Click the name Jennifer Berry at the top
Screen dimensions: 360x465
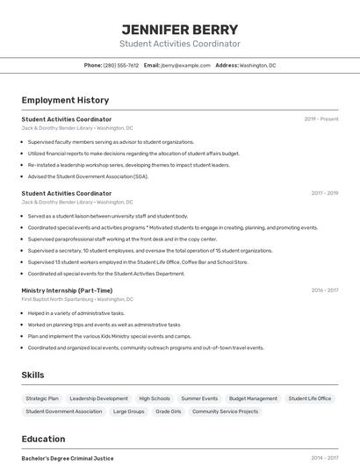[x=179, y=29]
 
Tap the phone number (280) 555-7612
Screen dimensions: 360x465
[x=121, y=65]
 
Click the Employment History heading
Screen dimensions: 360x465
[x=65, y=100]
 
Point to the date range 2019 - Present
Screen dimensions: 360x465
[x=321, y=119]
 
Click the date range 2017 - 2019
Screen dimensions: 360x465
[x=325, y=193]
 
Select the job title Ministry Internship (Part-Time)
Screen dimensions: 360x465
[x=67, y=290]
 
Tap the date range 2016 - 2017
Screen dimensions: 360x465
[x=325, y=290]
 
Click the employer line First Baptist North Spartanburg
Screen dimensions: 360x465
[x=77, y=299]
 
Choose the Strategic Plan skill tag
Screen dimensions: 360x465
[x=42, y=398]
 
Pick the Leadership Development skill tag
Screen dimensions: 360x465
[x=98, y=398]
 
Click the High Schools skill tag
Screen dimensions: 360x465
[x=155, y=398]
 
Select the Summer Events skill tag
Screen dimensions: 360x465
[x=199, y=398]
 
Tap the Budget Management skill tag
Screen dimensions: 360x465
[x=253, y=398]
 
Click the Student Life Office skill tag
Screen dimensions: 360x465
[x=310, y=398]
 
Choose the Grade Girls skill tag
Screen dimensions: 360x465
[x=168, y=411]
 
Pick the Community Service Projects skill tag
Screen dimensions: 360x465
[x=225, y=411]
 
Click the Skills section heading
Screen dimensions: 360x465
[x=32, y=375]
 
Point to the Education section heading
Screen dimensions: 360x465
[x=43, y=439]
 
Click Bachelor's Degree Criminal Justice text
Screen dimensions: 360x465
[x=68, y=458]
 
